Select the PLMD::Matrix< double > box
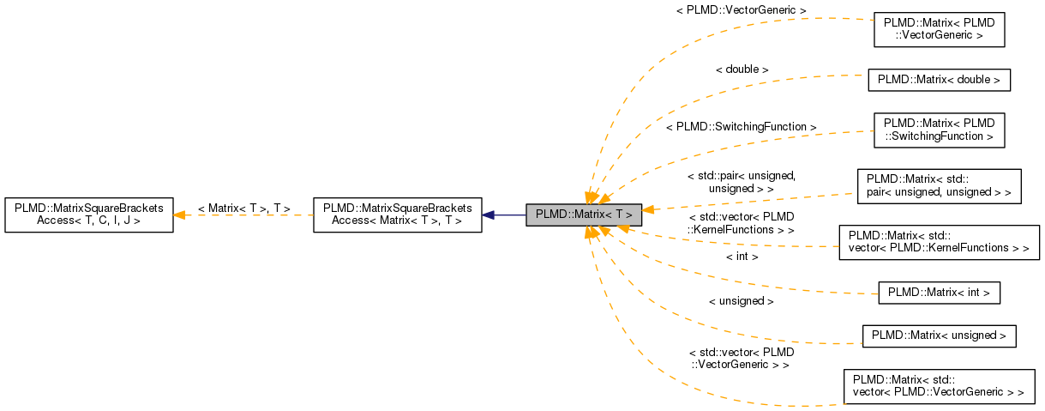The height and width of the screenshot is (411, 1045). click(x=939, y=80)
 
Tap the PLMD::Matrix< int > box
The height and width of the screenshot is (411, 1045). click(x=939, y=293)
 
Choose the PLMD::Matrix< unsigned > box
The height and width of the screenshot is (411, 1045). click(x=939, y=335)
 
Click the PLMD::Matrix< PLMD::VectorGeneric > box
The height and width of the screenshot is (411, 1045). click(x=939, y=30)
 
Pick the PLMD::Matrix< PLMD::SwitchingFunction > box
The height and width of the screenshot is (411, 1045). click(x=939, y=129)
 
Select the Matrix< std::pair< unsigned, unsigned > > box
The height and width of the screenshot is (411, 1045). click(x=939, y=185)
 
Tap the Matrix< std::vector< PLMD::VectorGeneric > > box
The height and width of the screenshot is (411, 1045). click(x=939, y=386)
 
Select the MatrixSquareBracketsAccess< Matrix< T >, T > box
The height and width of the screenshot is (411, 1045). click(x=397, y=215)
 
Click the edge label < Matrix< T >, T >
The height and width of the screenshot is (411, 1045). click(x=243, y=209)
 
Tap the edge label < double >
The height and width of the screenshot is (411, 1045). click(x=742, y=69)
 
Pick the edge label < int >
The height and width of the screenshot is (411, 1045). click(x=742, y=256)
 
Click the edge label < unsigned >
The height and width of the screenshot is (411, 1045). click(x=742, y=301)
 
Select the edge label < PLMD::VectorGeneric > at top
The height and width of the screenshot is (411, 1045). click(x=742, y=10)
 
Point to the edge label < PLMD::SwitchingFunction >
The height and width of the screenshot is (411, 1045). click(x=741, y=126)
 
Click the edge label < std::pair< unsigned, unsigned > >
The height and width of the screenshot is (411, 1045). click(x=742, y=181)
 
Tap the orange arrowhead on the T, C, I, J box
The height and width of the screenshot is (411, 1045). click(x=181, y=215)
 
